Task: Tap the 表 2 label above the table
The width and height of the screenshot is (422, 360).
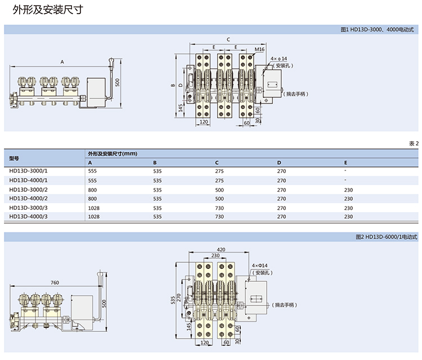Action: (414, 144)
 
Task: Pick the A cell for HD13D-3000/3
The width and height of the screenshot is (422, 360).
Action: (94, 208)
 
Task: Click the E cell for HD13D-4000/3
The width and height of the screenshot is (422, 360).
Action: (348, 217)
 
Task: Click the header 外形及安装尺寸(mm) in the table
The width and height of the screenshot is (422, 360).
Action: (113, 154)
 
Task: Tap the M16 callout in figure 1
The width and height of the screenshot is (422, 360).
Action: (259, 49)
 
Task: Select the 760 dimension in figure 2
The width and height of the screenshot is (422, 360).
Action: (55, 281)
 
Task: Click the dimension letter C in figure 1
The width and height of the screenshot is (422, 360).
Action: (227, 39)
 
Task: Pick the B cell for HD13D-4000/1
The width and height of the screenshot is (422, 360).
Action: (158, 181)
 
